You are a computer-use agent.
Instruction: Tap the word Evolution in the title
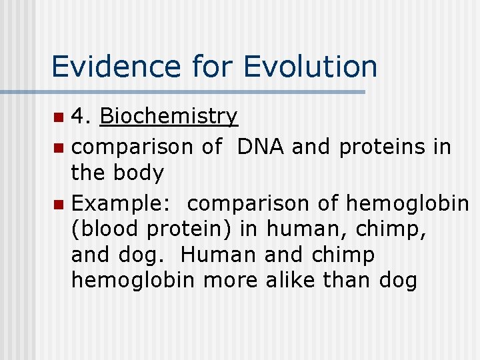pos(310,67)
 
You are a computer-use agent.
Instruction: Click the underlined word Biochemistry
pos(168,117)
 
